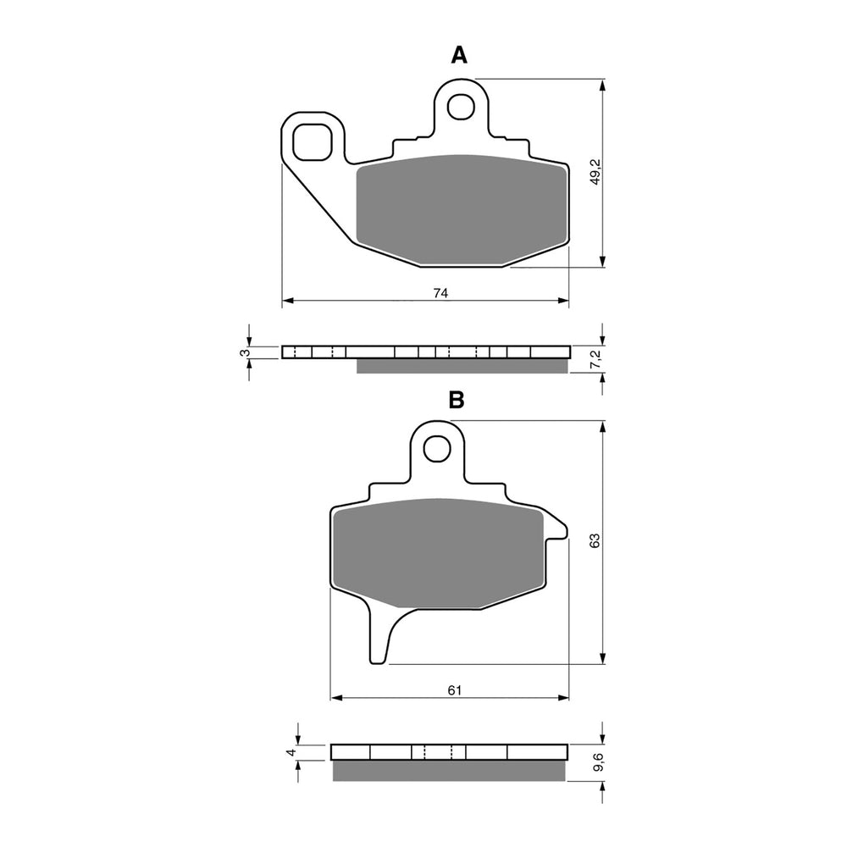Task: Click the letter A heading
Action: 458,56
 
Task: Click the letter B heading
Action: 457,401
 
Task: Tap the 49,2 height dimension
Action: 595,173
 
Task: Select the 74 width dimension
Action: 440,293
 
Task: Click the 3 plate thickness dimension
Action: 243,352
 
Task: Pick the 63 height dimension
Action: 595,540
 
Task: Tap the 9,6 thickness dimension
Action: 597,761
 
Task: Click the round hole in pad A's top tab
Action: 462,106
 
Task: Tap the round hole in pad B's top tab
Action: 437,448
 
